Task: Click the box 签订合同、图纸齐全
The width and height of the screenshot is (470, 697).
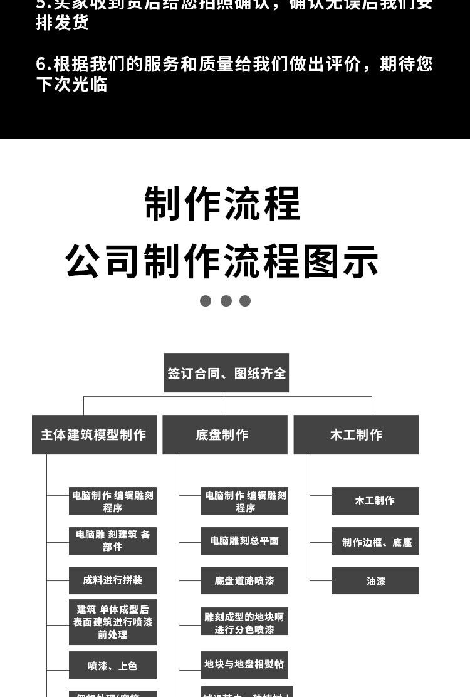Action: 226,373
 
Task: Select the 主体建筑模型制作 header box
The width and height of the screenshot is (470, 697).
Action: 94,434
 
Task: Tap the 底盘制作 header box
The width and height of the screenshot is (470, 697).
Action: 224,434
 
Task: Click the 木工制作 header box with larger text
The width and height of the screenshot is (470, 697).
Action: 355,434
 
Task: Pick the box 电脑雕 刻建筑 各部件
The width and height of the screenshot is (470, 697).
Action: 113,540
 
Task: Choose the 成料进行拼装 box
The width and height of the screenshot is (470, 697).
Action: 113,580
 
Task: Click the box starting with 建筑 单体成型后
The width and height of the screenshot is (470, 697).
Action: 113,622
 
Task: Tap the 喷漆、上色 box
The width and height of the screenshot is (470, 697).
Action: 113,665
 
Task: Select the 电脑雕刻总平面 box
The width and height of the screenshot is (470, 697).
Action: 244,540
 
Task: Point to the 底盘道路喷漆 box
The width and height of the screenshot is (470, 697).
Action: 244,580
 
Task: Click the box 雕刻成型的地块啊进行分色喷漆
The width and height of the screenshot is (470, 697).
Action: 244,622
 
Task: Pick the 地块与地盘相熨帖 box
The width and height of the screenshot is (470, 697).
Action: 244,664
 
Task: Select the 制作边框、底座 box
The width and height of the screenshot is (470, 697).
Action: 375,542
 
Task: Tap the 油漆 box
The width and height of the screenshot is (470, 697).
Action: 375,580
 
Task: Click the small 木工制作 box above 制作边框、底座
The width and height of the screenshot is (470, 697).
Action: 375,500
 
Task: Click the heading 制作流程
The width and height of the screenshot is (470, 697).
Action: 222,204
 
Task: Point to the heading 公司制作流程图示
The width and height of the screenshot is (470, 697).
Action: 222,261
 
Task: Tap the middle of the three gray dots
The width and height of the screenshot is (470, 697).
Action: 226,301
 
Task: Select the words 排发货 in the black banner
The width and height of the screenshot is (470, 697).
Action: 63,23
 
